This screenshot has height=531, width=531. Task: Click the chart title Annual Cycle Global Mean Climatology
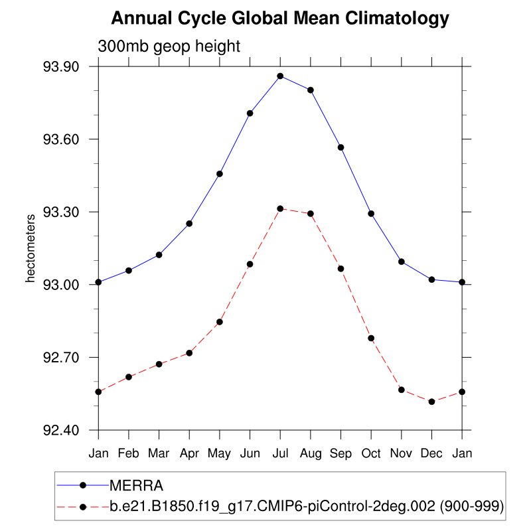tap(280, 19)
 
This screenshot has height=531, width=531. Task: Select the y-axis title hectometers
tap(30, 248)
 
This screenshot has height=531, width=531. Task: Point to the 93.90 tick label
tap(61, 67)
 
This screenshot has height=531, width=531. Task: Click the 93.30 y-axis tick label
tap(61, 212)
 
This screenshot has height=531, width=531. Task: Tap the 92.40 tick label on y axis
tap(61, 431)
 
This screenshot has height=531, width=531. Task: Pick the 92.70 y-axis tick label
tap(61, 358)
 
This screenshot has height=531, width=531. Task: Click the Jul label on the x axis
tap(280, 453)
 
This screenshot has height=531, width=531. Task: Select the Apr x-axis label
tap(189, 453)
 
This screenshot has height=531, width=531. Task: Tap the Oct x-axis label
tap(371, 453)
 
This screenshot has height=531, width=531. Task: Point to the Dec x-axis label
tap(431, 453)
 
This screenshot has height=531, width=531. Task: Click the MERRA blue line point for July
tap(280, 76)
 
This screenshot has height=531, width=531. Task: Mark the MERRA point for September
tap(341, 147)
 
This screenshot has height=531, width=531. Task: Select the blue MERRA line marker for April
tap(189, 224)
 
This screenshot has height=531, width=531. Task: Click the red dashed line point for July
tap(280, 208)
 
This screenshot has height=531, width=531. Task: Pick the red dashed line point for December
tap(431, 402)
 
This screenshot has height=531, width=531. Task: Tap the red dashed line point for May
tap(220, 322)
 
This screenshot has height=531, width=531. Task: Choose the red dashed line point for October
tap(371, 339)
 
